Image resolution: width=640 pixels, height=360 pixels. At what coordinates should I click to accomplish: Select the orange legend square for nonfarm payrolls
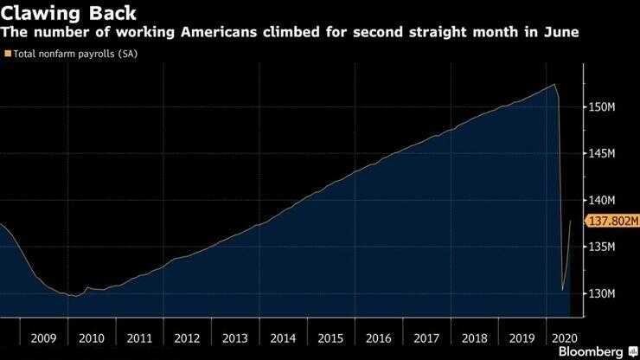8,54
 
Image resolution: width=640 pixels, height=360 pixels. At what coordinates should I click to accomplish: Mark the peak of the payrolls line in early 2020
554,84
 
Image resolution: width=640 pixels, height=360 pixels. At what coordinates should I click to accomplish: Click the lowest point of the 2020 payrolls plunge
563,290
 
